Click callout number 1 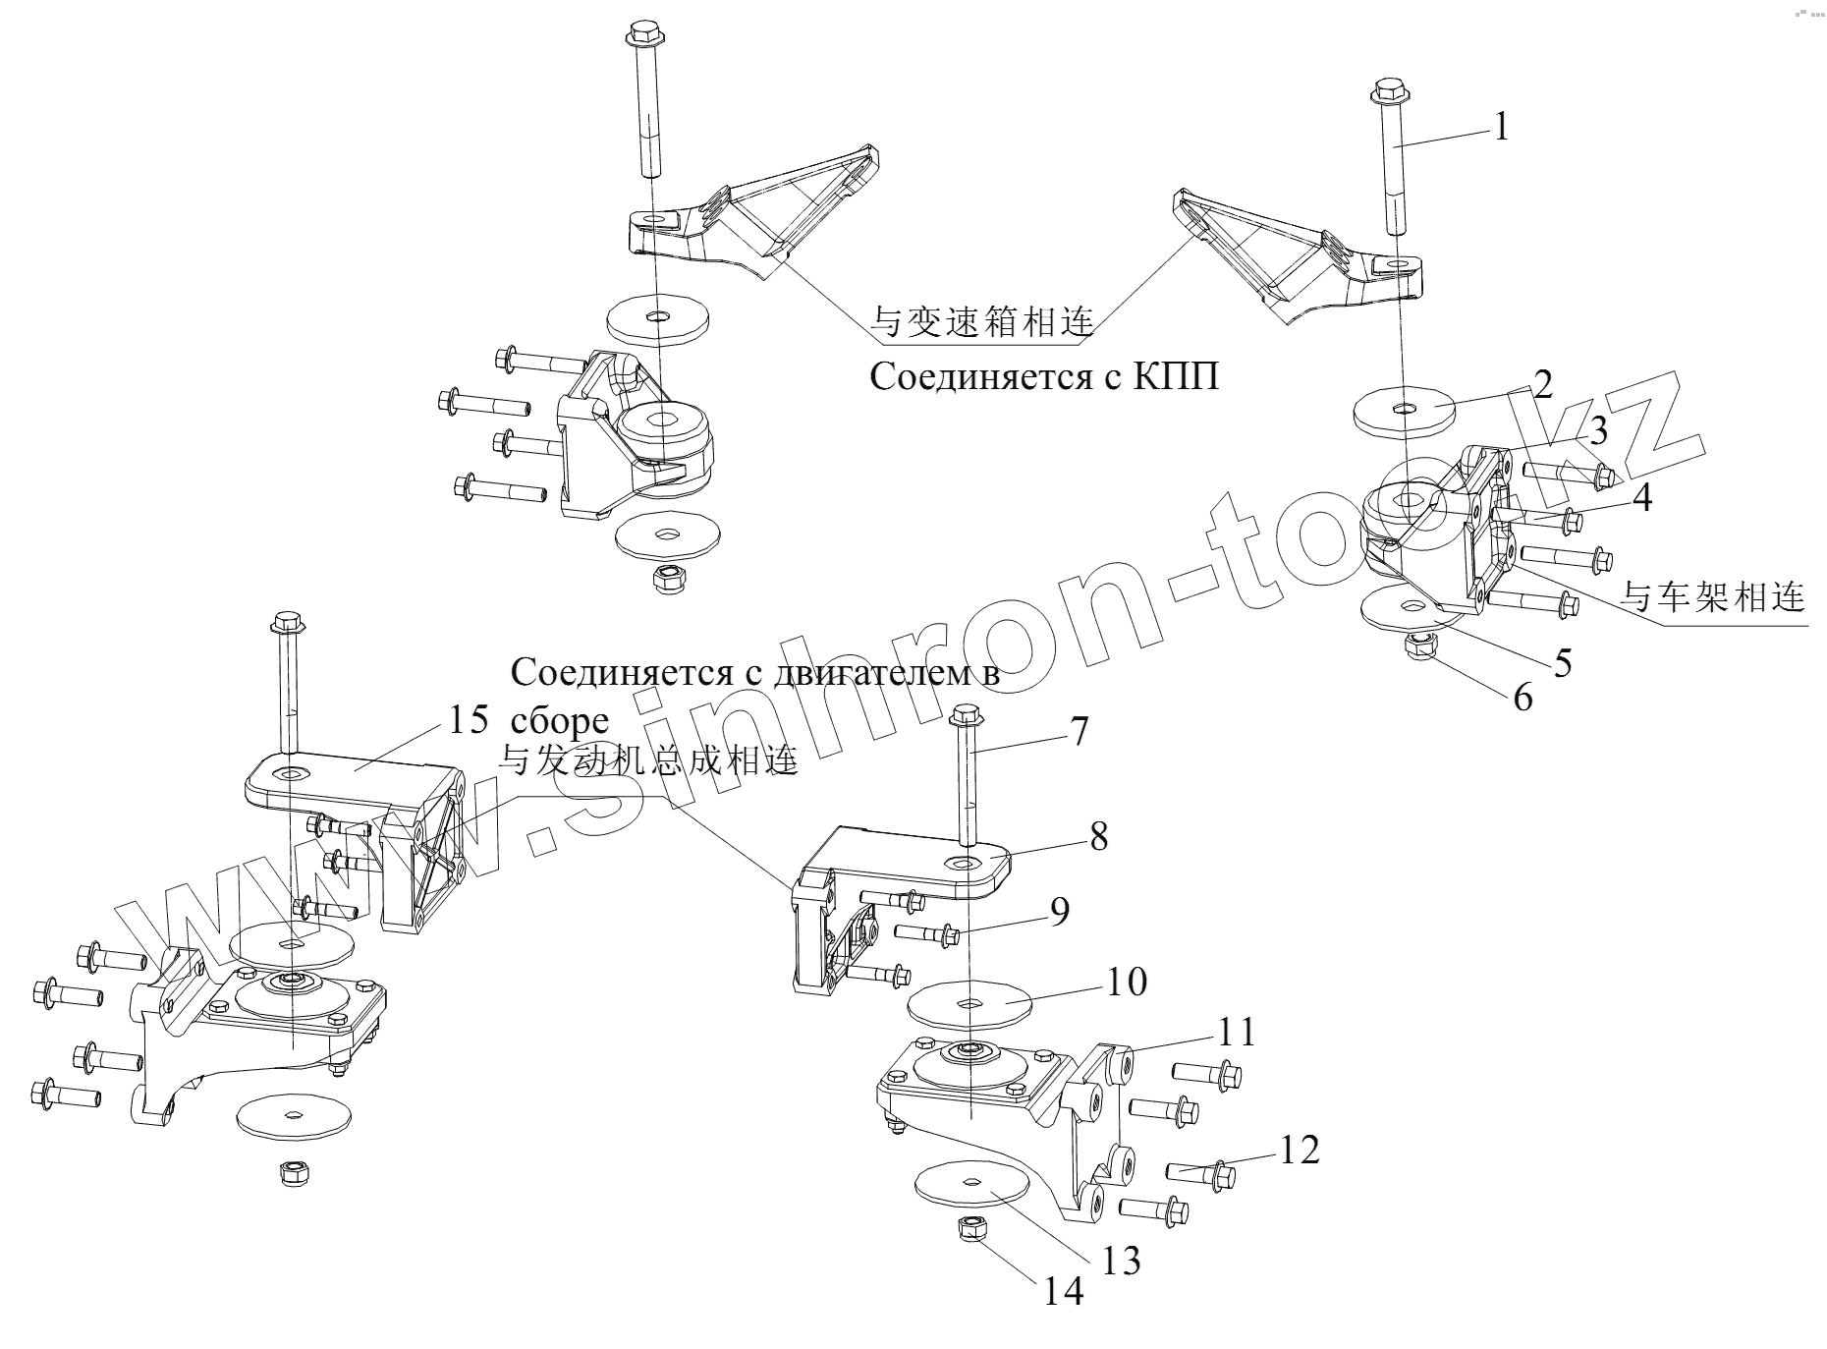[x=1500, y=127]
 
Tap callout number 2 [x=1542, y=384]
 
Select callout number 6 [x=1522, y=697]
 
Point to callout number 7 [x=1079, y=731]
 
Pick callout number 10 [x=1126, y=981]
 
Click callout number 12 [x=1299, y=1150]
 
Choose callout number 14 [x=1063, y=1290]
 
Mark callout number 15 [x=468, y=719]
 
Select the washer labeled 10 [x=968, y=1005]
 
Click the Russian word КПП [x=1176, y=376]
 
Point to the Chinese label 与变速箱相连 [x=982, y=320]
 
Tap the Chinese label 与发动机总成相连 [x=648, y=759]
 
